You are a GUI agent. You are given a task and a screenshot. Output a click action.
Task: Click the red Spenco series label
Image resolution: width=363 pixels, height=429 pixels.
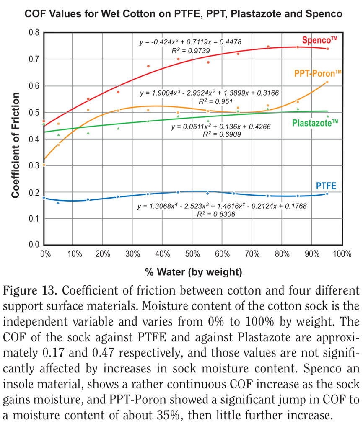319,41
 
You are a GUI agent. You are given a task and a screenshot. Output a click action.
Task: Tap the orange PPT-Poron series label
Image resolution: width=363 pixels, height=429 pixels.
318,73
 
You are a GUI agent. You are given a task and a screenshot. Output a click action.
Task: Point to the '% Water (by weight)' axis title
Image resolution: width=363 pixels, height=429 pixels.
194,273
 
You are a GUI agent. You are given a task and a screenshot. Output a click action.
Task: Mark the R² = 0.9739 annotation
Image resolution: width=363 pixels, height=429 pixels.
190,51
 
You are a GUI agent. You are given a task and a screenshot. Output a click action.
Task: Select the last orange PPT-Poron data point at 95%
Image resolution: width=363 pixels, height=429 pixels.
327,82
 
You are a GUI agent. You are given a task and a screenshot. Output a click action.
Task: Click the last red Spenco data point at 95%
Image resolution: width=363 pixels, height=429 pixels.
327,49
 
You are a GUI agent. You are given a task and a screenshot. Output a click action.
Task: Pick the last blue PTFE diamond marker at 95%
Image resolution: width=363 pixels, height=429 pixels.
327,194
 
